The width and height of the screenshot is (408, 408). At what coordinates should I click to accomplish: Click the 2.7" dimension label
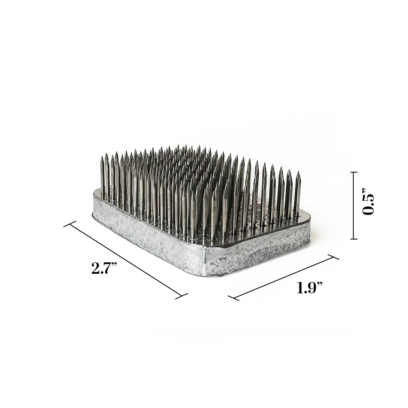pos(104,268)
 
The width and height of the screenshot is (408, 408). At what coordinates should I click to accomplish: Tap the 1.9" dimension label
pos(310,288)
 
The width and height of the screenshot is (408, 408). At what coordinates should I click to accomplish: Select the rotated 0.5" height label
pos(368,204)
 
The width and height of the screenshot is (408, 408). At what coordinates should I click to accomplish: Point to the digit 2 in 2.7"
pos(95,268)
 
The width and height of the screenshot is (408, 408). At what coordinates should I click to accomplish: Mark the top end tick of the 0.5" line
pos(353,172)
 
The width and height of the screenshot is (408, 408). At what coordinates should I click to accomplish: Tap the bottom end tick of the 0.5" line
pos(353,239)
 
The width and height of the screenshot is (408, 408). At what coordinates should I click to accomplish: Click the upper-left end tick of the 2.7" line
pos(70,224)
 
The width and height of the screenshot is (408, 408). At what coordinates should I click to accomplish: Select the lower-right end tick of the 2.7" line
pos(182,296)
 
